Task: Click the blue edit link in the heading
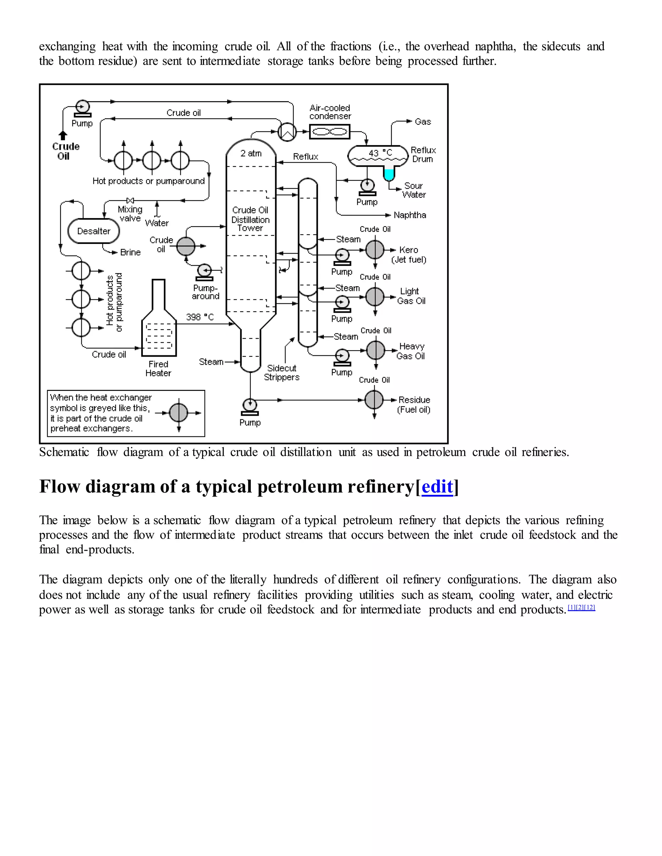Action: point(437,487)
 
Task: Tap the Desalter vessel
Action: point(93,231)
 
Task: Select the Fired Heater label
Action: point(158,369)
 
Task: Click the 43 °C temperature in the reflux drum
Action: point(380,153)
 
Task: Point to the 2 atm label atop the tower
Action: point(251,153)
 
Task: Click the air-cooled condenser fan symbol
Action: point(329,132)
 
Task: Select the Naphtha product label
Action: point(410,215)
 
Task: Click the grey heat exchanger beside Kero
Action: point(375,250)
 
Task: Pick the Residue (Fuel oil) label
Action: point(414,404)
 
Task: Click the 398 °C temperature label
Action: point(200,317)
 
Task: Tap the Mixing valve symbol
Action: point(130,200)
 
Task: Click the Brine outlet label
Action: point(130,252)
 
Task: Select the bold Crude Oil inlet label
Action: point(66,151)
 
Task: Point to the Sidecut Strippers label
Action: point(281,372)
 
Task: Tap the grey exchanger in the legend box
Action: point(179,413)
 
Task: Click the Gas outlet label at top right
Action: point(422,121)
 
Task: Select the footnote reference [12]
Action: point(590,608)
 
